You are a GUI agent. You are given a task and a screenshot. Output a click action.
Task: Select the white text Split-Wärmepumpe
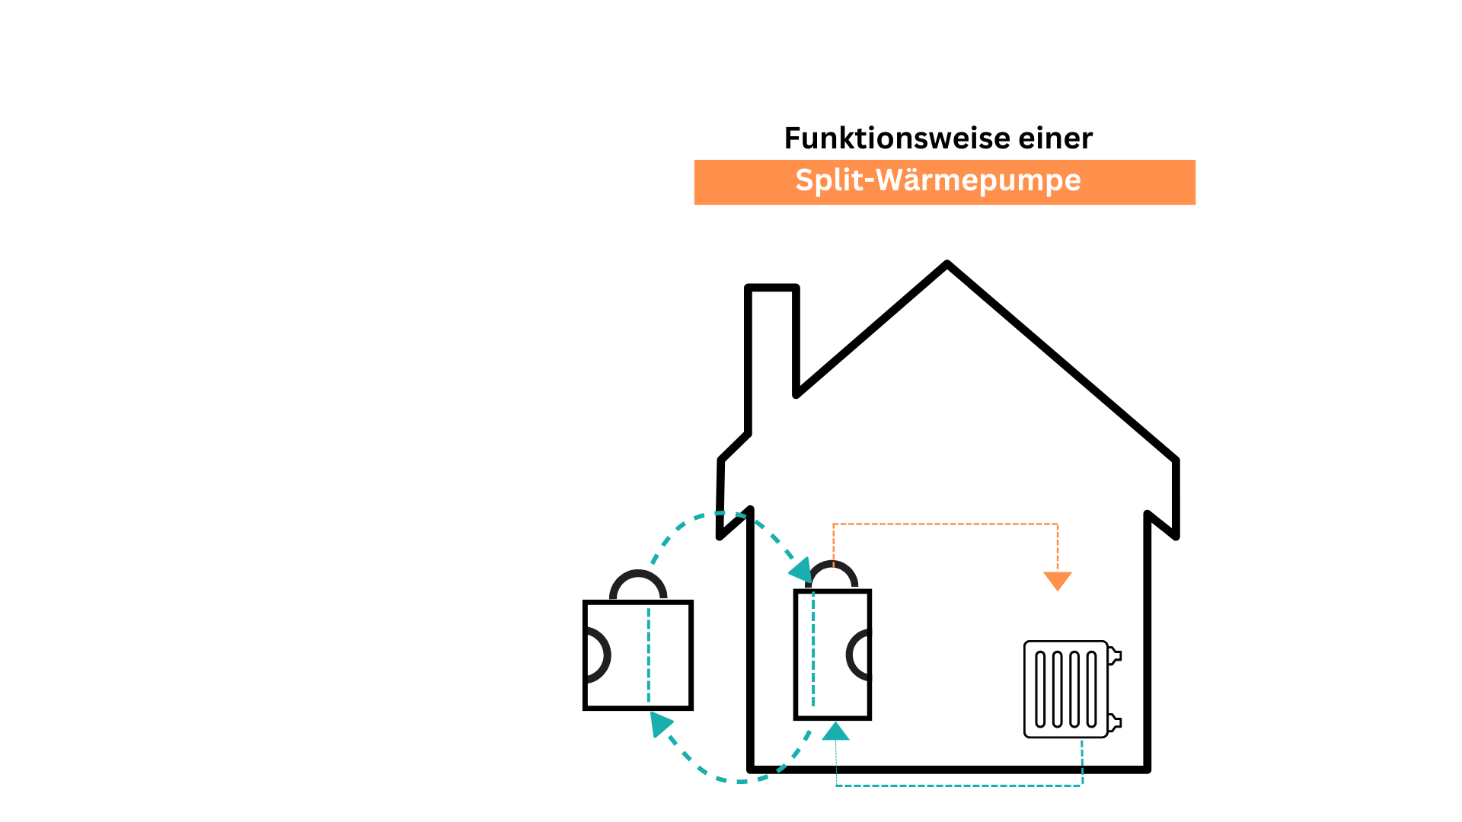938,180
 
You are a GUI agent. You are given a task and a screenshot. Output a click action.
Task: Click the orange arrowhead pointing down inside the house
1058,581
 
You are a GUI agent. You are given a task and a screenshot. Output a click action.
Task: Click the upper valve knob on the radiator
1114,655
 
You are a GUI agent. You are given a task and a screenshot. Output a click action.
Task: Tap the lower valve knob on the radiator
1114,722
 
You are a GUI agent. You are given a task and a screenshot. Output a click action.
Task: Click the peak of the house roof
947,266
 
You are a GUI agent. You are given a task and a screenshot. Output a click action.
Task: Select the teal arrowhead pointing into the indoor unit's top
801,570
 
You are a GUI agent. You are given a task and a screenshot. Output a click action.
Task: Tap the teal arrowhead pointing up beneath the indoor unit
836,732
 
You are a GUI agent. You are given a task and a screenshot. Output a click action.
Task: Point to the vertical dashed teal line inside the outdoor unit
649,655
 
